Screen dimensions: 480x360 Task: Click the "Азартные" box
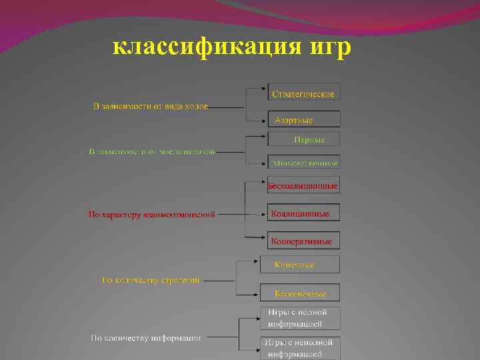coord(303,119)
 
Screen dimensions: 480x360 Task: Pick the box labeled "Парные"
coord(303,139)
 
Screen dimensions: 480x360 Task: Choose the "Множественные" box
coord(303,162)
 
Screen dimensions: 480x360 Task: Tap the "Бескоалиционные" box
coord(303,186)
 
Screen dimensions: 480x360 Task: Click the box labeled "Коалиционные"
coord(303,213)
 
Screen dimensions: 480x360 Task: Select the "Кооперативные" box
coord(303,240)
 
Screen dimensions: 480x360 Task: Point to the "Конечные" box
coord(299,265)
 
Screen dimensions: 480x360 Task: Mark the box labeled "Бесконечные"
coord(299,293)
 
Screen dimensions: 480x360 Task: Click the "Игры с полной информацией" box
coord(299,318)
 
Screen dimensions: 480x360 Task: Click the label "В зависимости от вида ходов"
coord(150,107)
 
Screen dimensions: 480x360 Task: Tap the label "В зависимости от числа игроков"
coord(153,151)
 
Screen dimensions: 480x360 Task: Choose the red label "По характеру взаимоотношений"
coord(152,215)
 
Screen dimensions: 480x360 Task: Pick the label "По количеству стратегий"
coord(151,280)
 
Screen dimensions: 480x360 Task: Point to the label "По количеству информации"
coord(146,338)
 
